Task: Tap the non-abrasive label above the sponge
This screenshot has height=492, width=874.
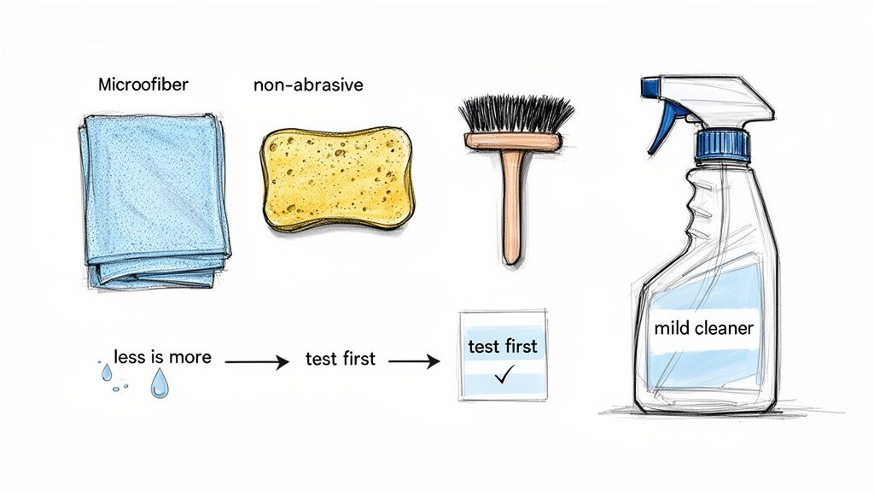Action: pos(308,85)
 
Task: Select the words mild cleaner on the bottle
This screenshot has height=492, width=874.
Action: pos(703,328)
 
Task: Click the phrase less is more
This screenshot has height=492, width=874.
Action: pos(162,356)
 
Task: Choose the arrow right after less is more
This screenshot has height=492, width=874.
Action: pos(256,362)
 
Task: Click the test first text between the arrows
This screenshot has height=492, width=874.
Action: pos(340,359)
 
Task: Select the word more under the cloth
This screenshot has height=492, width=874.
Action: pos(190,356)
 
